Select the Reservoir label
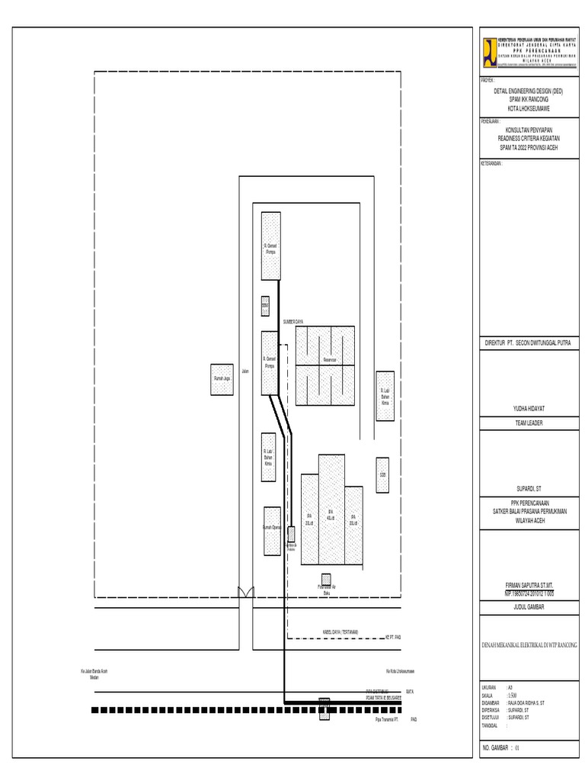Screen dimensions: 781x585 329,358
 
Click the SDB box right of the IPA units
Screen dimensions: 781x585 382,474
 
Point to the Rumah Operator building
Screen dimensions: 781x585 272,531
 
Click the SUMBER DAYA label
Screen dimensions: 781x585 293,322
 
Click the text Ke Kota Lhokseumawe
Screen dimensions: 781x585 399,672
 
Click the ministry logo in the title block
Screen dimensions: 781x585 487,53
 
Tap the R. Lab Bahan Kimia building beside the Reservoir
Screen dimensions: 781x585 385,397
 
